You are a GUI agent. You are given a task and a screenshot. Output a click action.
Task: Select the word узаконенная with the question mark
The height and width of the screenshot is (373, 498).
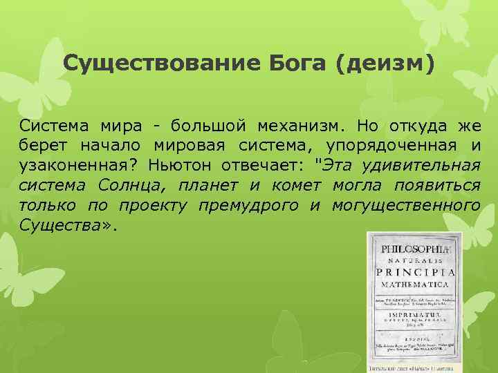click(77, 166)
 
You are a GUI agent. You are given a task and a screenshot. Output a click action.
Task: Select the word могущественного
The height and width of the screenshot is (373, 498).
click(405, 205)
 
